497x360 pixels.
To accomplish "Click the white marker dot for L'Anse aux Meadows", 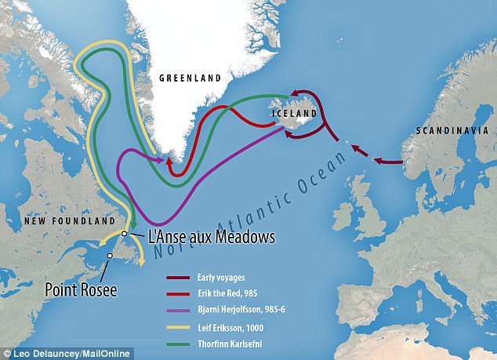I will pyautogui.click(x=124, y=234).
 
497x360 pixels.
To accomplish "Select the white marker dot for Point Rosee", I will pyautogui.click(x=111, y=256).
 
